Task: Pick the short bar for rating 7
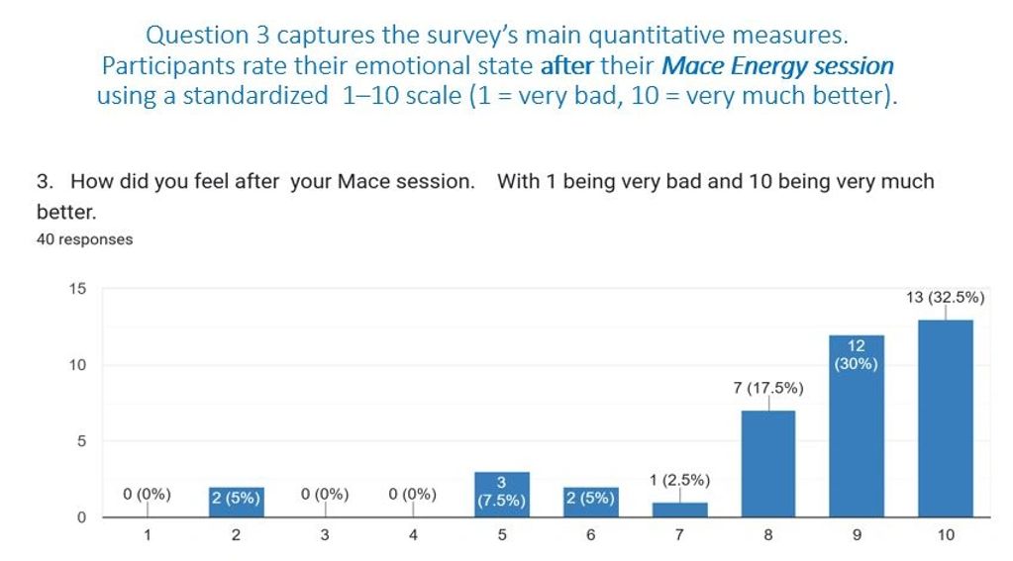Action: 679,510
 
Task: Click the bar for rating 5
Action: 501,495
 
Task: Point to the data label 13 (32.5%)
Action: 945,297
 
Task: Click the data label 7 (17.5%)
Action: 768,388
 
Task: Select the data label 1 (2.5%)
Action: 679,481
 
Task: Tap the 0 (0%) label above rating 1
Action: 147,494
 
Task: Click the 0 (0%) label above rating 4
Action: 413,494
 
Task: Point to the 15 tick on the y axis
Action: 77,289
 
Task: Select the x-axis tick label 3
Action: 325,535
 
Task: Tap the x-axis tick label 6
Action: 591,535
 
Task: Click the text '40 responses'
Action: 84,239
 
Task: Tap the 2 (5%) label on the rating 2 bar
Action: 236,499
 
